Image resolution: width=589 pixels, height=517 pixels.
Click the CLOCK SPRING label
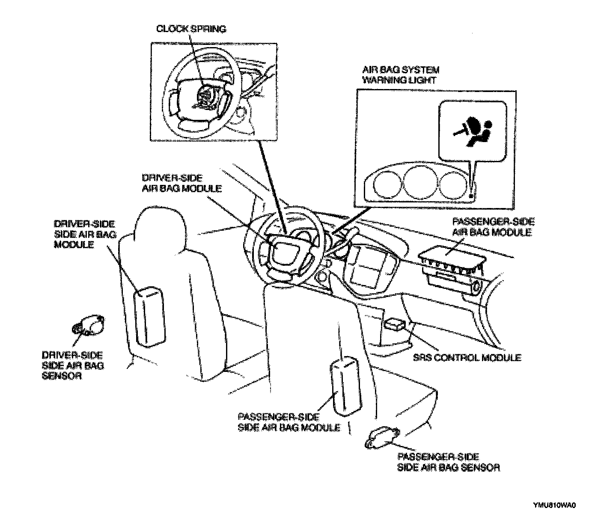click(x=191, y=29)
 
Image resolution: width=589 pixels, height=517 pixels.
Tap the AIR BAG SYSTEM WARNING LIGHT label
click(x=401, y=74)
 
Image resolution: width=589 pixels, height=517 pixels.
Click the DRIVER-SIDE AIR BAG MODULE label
click(x=181, y=183)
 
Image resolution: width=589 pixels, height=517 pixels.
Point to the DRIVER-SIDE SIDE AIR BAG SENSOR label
click(x=73, y=365)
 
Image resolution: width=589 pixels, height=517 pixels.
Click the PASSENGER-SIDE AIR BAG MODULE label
click(x=493, y=227)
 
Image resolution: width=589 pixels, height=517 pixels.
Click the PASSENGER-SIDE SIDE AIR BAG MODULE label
click(x=289, y=422)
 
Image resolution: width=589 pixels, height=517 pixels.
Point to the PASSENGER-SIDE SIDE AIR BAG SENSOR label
click(x=448, y=462)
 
